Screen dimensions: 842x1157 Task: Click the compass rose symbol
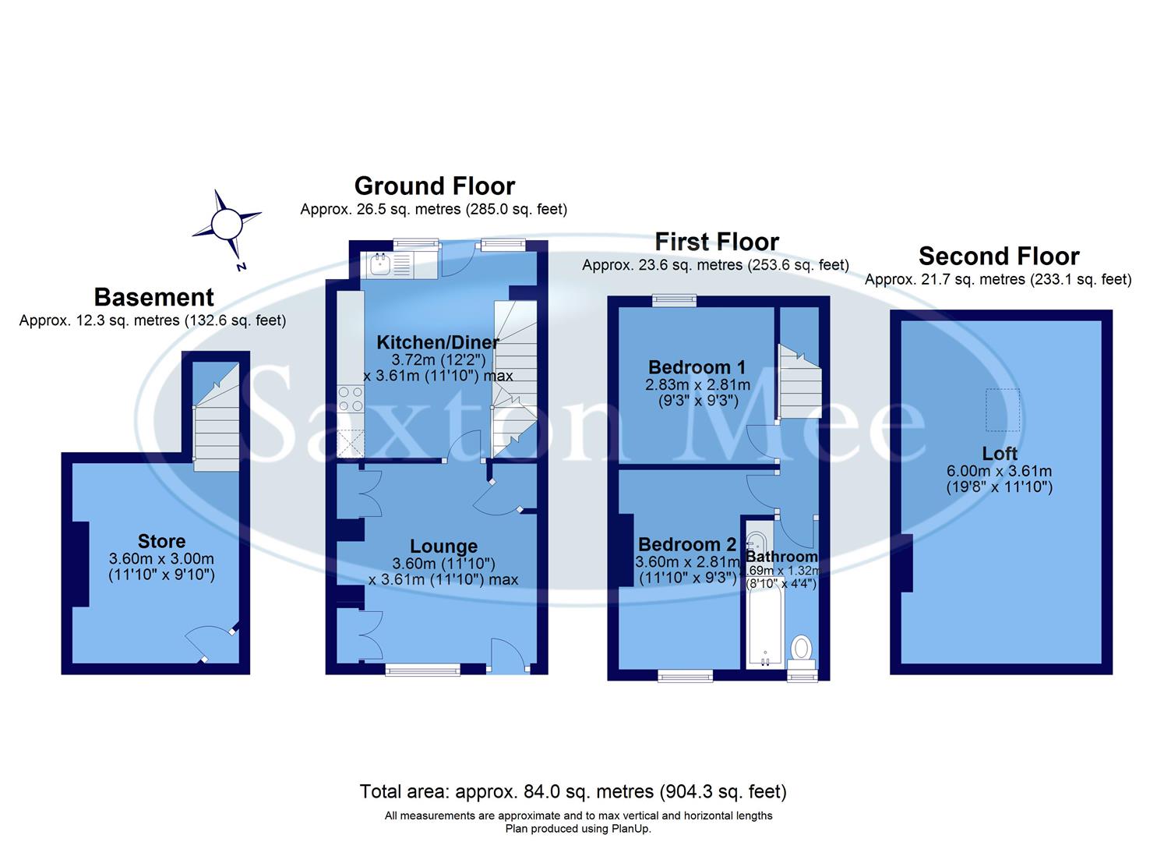(x=226, y=225)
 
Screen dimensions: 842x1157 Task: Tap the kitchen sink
(x=381, y=265)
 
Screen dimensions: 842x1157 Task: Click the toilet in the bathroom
(x=801, y=649)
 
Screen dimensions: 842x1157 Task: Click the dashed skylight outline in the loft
(x=1002, y=409)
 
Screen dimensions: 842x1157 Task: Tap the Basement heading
(x=153, y=297)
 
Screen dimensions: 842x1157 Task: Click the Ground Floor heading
(x=434, y=186)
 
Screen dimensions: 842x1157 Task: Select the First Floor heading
(x=716, y=242)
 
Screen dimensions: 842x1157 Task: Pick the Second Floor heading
(x=998, y=256)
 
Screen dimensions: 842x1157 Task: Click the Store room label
(x=161, y=541)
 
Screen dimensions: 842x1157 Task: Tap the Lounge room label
(x=443, y=547)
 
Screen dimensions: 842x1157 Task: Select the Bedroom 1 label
(x=697, y=366)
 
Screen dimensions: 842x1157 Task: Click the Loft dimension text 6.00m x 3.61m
(x=999, y=471)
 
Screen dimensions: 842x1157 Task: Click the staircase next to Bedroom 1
(x=800, y=382)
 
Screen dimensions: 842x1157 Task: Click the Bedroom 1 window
(x=674, y=299)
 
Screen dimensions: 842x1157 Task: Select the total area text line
(x=573, y=792)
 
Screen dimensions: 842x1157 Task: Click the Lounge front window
(x=423, y=668)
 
